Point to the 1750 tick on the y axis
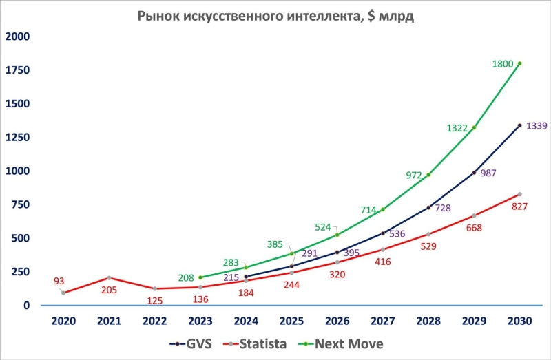tap(18, 70)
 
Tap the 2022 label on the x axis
tap(154, 321)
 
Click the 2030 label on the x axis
tap(519, 321)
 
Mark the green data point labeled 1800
tap(519, 63)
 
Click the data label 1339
tap(537, 126)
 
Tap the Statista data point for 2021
tap(109, 277)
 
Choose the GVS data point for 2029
tap(474, 173)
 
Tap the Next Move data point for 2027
tap(383, 209)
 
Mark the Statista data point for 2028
tap(428, 234)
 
